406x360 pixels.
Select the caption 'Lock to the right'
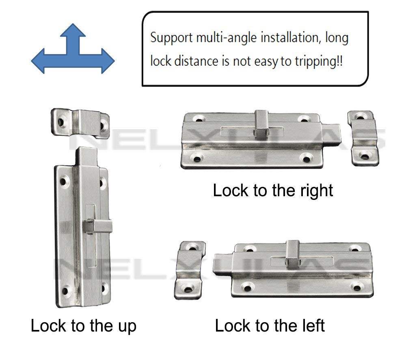click(x=273, y=190)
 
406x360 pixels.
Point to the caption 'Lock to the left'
click(x=270, y=325)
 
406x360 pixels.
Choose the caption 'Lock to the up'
click(x=83, y=325)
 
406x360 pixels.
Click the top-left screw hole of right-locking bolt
click(x=199, y=118)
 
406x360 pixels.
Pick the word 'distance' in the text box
click(x=202, y=62)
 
